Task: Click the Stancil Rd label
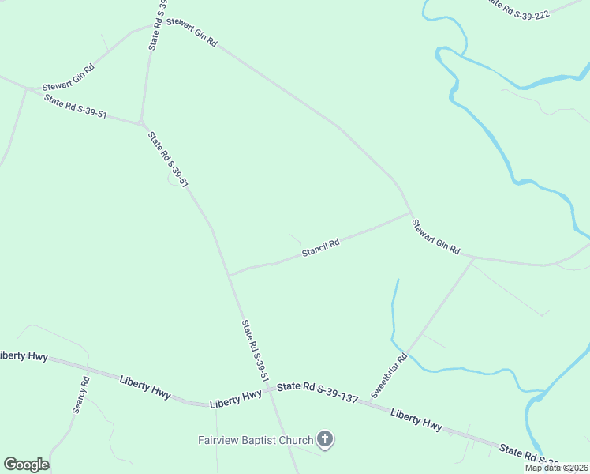pyautogui.click(x=320, y=248)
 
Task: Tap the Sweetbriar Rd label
pyautogui.click(x=389, y=374)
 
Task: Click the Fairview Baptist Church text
pyautogui.click(x=255, y=439)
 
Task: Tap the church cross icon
pyautogui.click(x=324, y=439)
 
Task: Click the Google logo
pyautogui.click(x=26, y=465)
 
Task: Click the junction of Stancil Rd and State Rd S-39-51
pyautogui.click(x=229, y=275)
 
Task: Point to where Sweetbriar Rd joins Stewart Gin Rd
pyautogui.click(x=473, y=258)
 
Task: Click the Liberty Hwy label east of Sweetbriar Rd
pyautogui.click(x=416, y=419)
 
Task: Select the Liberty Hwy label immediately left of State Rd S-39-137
pyautogui.click(x=236, y=400)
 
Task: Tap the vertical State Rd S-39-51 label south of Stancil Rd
pyautogui.click(x=252, y=351)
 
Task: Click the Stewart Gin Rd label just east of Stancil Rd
pyautogui.click(x=435, y=236)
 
